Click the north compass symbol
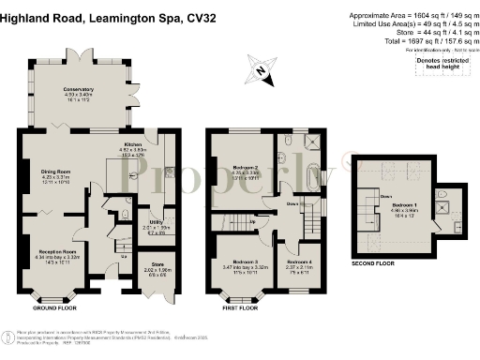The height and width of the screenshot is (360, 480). [x=259, y=69]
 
